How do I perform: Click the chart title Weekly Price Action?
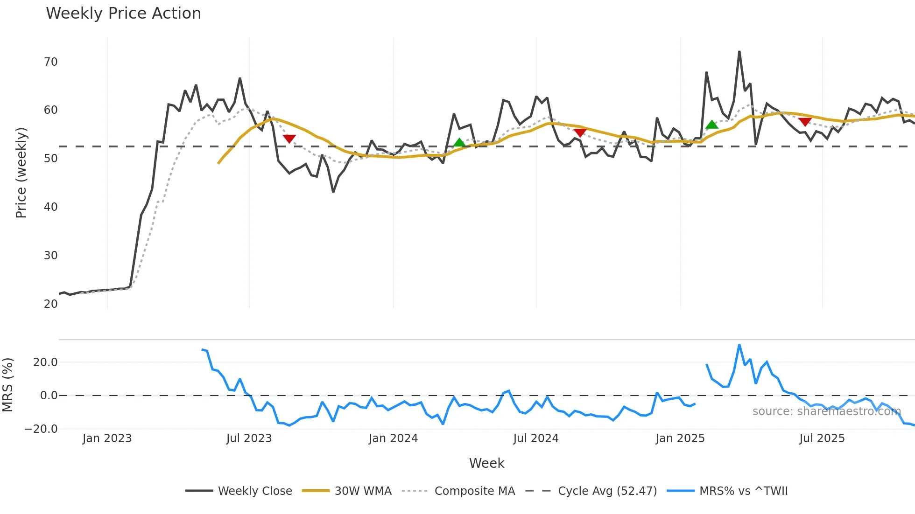click(x=123, y=14)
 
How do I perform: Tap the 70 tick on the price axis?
click(x=50, y=62)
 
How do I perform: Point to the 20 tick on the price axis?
click(x=50, y=304)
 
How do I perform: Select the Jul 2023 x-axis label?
click(x=249, y=438)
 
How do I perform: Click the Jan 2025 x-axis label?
click(x=680, y=438)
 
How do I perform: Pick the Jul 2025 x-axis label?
click(x=822, y=438)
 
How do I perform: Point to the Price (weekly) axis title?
click(x=21, y=173)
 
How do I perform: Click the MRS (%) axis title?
click(x=7, y=385)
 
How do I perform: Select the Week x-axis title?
click(x=486, y=463)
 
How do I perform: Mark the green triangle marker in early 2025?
click(x=711, y=125)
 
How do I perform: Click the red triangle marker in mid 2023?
click(x=289, y=139)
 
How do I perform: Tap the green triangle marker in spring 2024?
click(x=459, y=143)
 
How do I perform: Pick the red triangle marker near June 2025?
click(x=805, y=122)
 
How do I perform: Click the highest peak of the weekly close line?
click(x=739, y=52)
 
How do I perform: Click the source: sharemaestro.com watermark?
click(x=826, y=411)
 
